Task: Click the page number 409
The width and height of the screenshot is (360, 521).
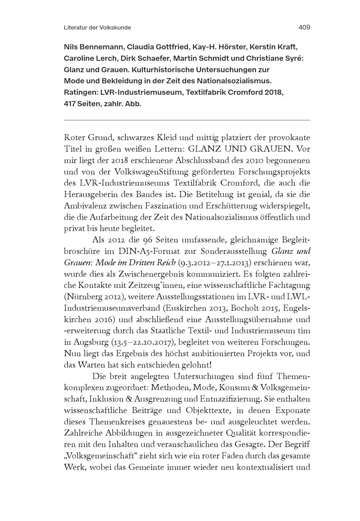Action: (304, 27)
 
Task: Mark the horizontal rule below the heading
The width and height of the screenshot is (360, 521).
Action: (186, 120)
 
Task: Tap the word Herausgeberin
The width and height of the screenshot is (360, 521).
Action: (88, 195)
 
